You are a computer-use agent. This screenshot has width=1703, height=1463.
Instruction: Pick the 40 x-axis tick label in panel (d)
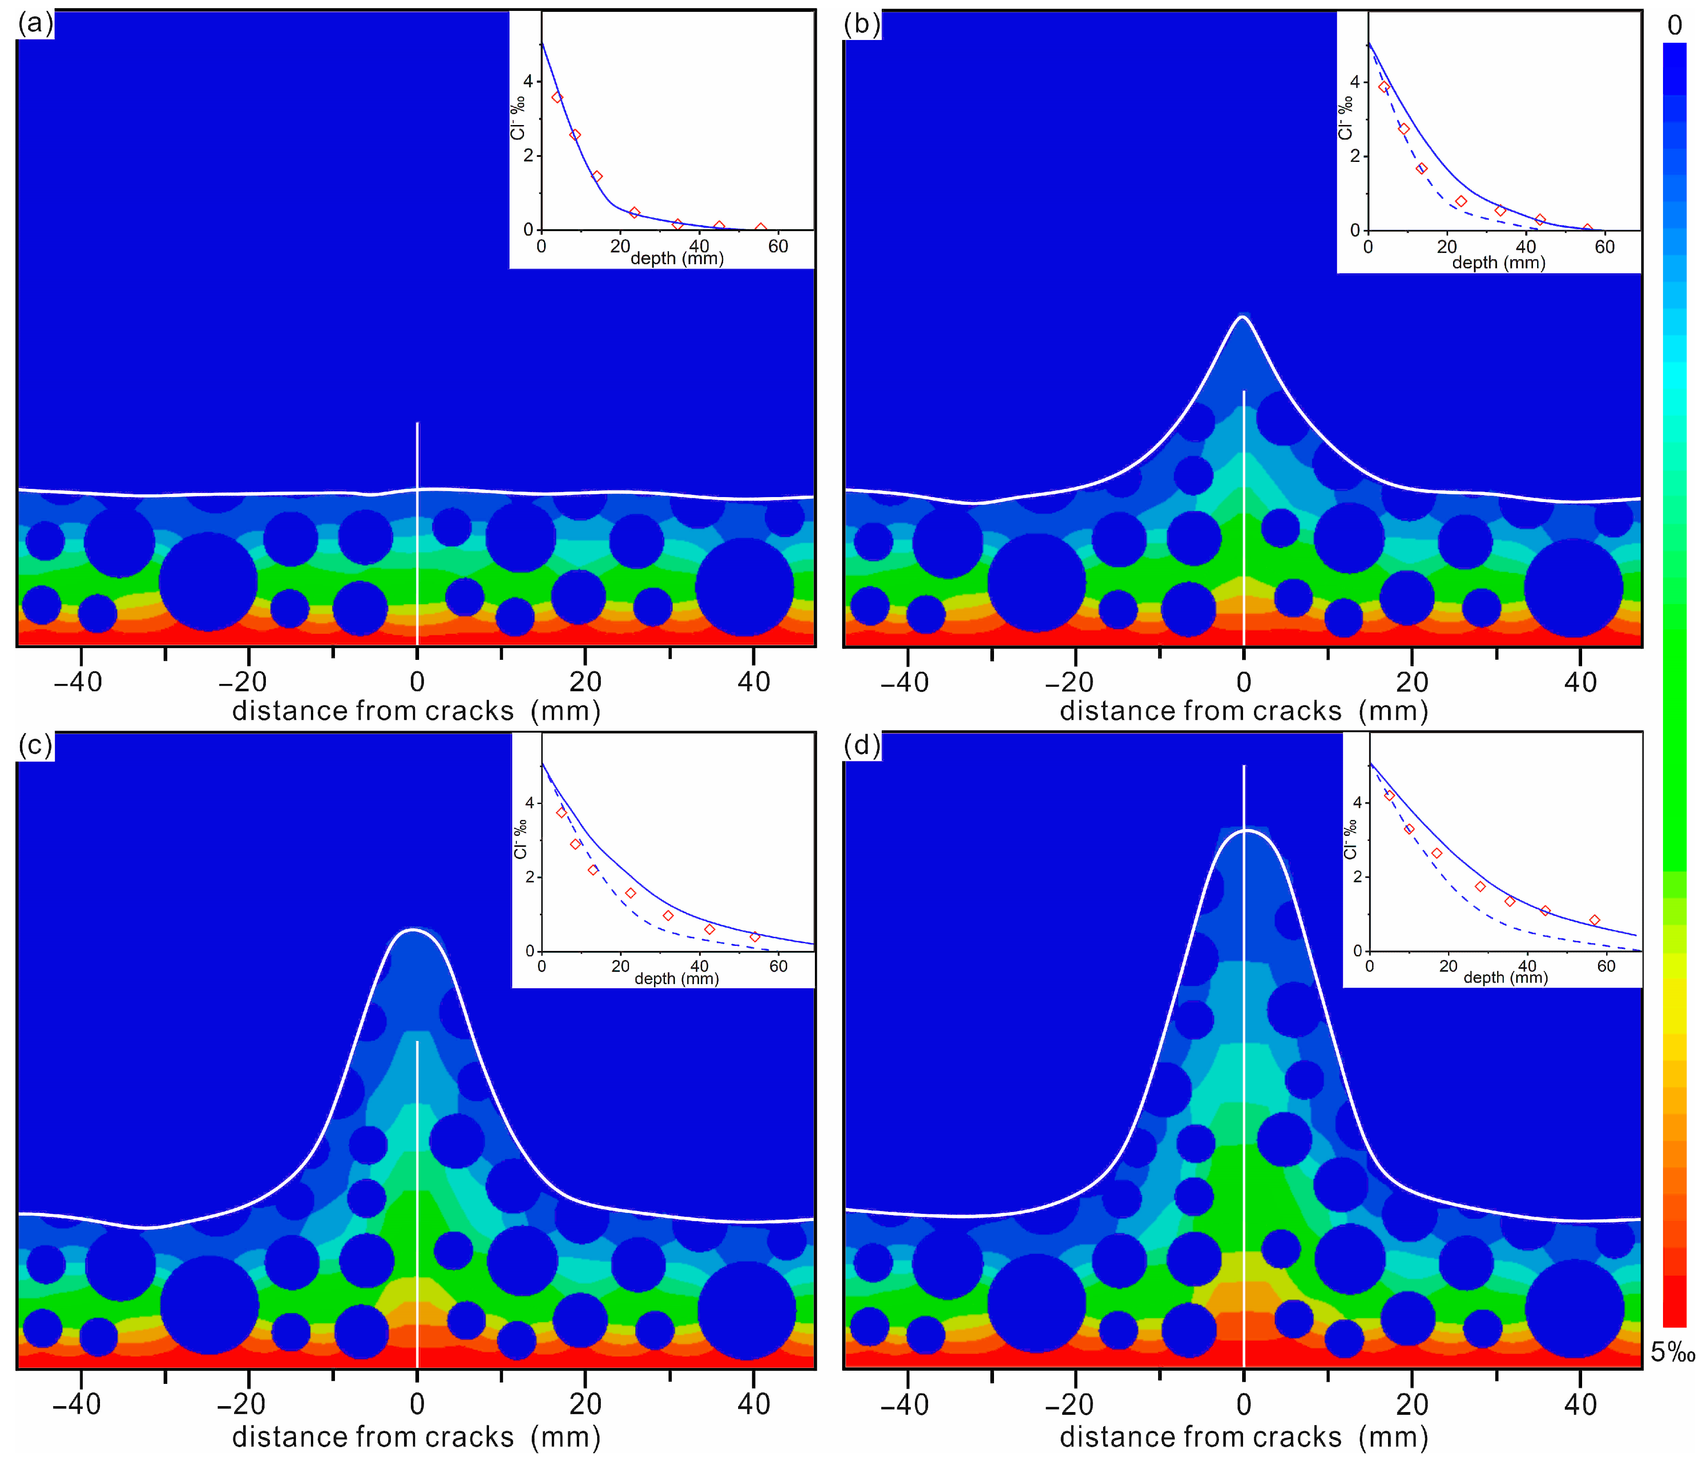pyautogui.click(x=1580, y=1403)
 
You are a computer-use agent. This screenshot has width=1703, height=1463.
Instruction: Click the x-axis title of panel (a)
pyautogui.click(x=416, y=710)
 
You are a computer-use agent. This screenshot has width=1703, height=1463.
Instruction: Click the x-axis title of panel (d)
pyautogui.click(x=1244, y=1436)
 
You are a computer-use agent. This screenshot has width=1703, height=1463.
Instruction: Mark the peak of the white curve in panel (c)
pyautogui.click(x=414, y=930)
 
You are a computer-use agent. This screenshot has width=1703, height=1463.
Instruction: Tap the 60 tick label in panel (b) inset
pyautogui.click(x=1604, y=246)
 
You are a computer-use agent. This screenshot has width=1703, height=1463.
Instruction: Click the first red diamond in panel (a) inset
pyautogui.click(x=557, y=97)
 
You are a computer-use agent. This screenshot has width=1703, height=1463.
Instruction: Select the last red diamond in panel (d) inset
pyautogui.click(x=1594, y=920)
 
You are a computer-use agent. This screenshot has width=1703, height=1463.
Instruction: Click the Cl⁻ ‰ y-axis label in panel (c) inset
pyautogui.click(x=519, y=839)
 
